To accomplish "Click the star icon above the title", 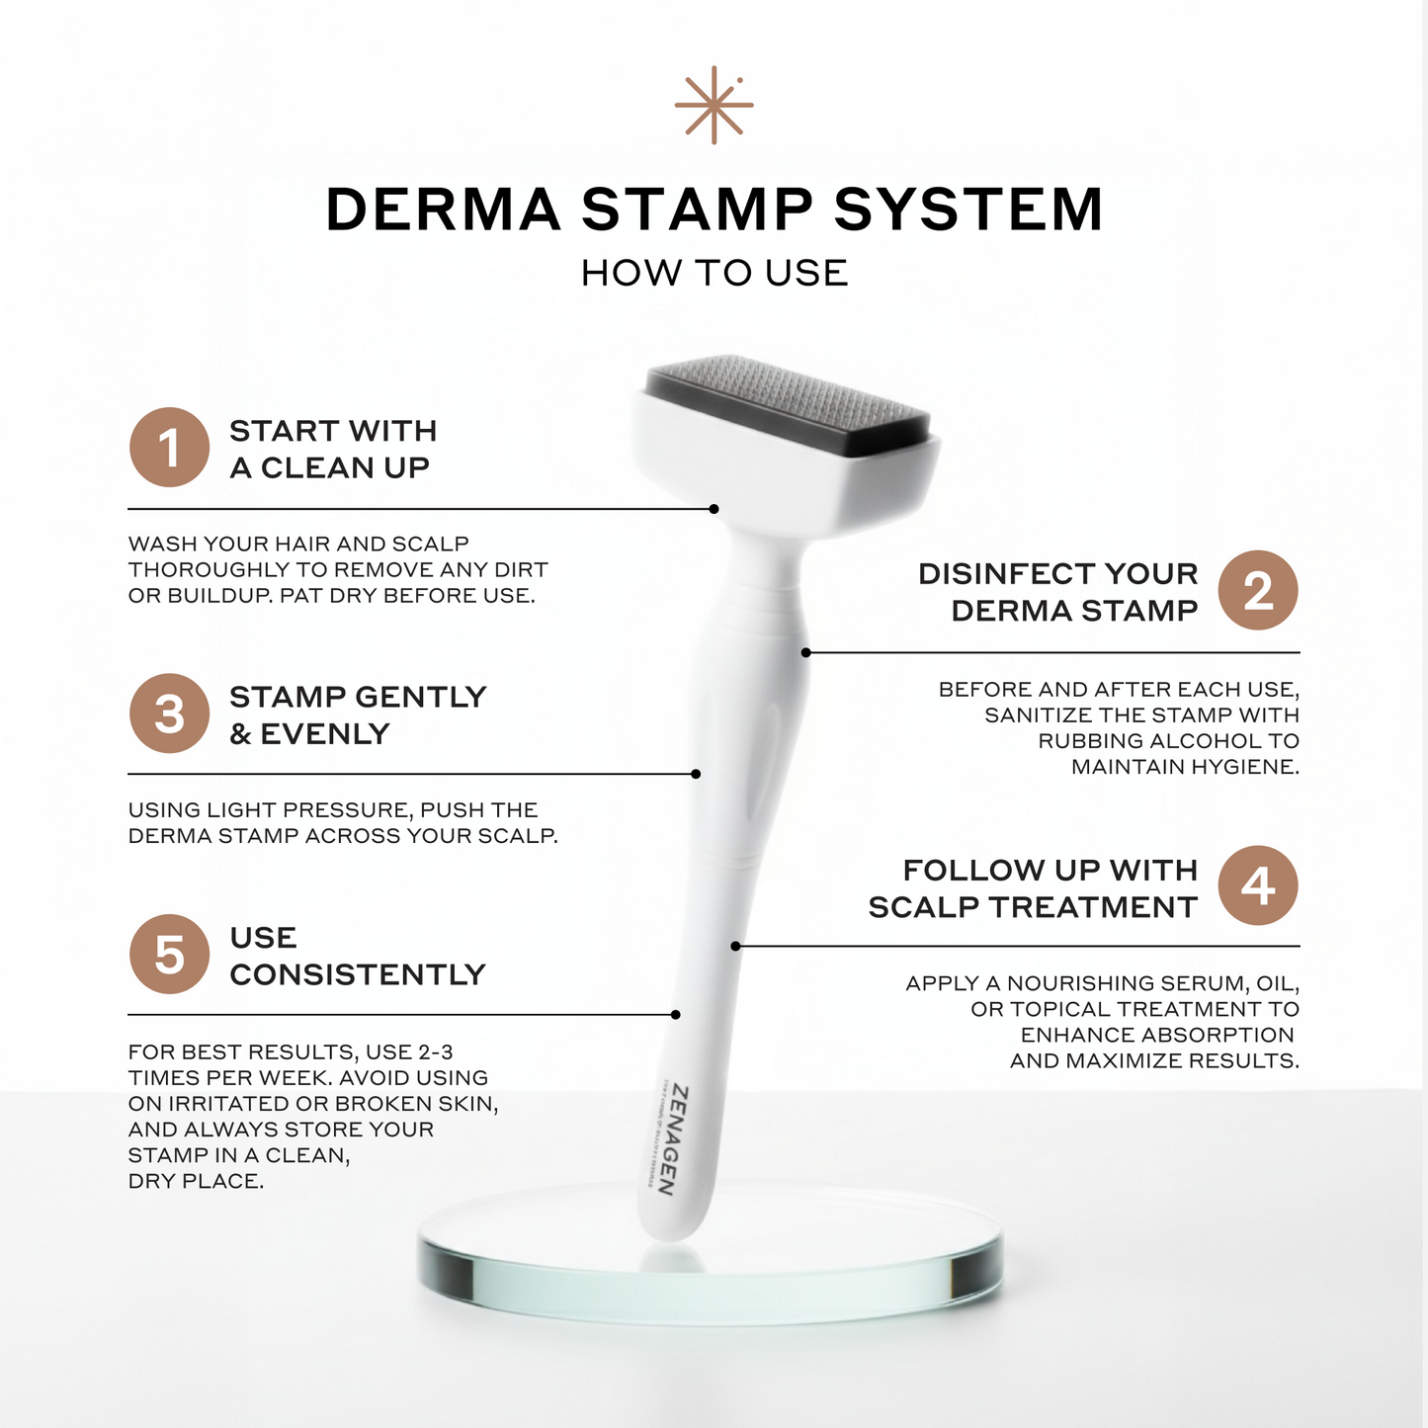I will tap(714, 105).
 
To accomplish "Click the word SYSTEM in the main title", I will tap(968, 210).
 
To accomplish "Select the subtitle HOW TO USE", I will tap(714, 273).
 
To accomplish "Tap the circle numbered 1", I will tap(169, 448).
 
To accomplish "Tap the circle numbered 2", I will tap(1257, 591).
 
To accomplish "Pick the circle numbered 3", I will tap(169, 714).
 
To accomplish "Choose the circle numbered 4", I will tap(1257, 885).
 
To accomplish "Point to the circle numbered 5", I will tap(169, 955).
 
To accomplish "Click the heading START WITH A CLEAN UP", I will tap(333, 449).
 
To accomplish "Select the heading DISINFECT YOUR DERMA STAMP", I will tap(1058, 592).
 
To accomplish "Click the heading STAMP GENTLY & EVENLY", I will tap(358, 714).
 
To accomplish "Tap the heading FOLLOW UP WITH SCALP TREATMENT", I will tap(1034, 887).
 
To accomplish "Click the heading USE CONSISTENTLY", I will tap(358, 956).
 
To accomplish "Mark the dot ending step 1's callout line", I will tap(714, 509).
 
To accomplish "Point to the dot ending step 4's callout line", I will tap(736, 946).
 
